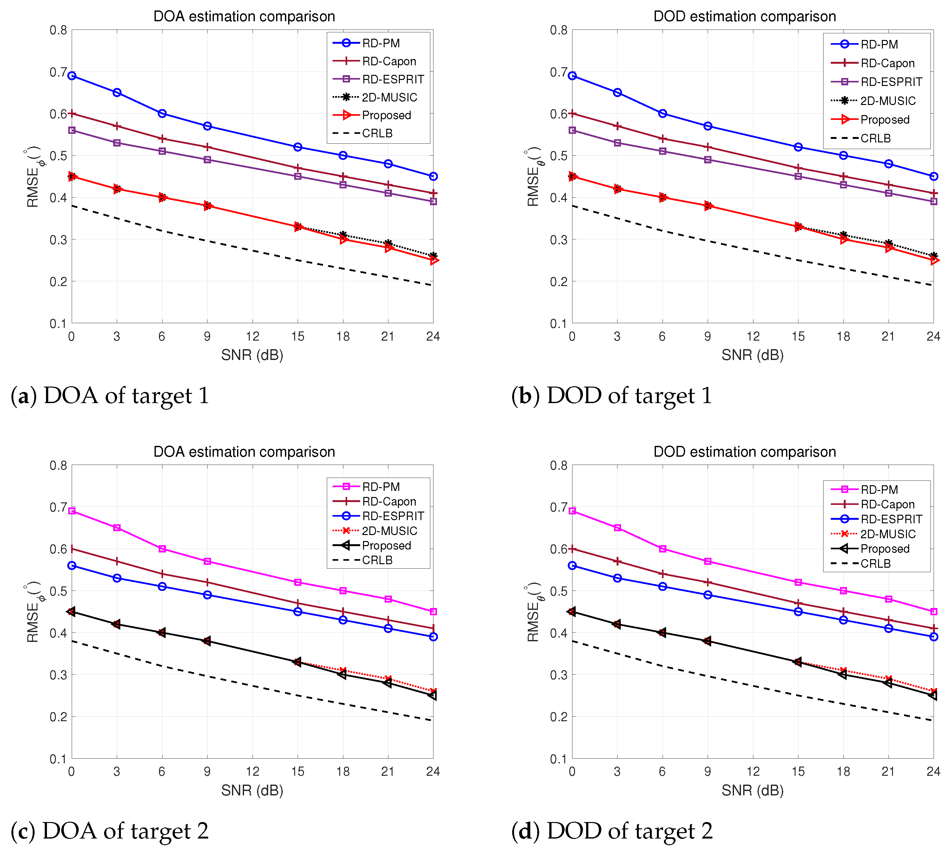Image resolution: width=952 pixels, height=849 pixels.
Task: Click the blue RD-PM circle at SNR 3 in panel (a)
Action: [117, 92]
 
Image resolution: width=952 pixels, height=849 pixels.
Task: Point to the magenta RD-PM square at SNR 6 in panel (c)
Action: [162, 549]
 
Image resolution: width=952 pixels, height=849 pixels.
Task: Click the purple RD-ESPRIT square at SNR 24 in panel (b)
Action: [933, 201]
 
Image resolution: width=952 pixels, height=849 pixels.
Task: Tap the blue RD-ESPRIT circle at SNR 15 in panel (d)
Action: [798, 611]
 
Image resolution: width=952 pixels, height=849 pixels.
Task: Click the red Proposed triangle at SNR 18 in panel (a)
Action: [343, 239]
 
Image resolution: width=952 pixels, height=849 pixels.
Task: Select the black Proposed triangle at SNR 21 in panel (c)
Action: [388, 682]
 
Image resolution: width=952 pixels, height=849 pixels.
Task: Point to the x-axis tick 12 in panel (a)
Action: [253, 337]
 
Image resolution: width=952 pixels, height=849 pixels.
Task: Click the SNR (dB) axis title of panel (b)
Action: [752, 356]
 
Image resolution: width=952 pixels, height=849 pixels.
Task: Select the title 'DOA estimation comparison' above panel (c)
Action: [244, 452]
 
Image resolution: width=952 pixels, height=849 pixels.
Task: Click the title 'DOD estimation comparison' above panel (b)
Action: [744, 16]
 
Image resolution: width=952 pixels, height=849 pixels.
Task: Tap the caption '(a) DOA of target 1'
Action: [110, 395]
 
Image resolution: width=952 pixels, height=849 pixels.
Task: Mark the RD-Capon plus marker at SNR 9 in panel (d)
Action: [707, 582]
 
